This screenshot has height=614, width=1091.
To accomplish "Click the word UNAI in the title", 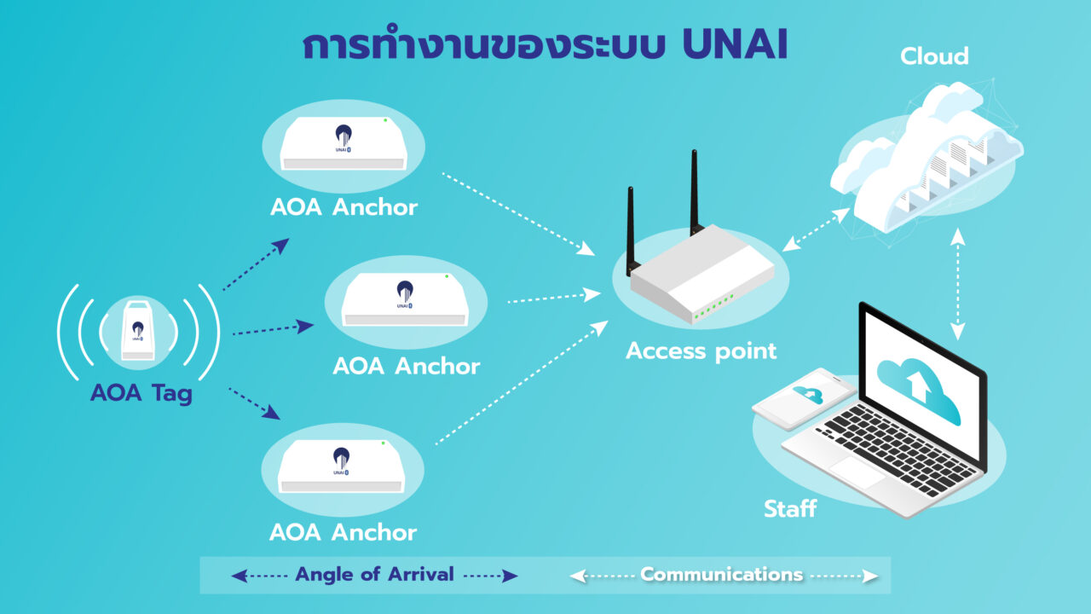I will click(735, 47).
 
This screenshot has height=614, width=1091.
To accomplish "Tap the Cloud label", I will click(934, 56).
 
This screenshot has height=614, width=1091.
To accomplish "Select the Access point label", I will click(701, 350).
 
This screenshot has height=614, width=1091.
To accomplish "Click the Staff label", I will click(789, 509).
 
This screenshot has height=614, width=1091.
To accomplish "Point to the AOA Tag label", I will click(141, 393).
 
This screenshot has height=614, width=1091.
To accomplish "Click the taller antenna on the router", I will click(694, 192).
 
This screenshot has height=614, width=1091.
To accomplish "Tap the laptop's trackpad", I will click(858, 472).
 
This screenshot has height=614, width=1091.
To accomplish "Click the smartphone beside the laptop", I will click(804, 397).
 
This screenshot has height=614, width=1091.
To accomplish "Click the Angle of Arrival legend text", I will click(374, 575).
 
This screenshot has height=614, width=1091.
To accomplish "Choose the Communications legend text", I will click(721, 575).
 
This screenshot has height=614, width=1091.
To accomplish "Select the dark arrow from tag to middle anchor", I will click(273, 328).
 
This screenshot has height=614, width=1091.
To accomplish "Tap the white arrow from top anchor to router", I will click(517, 213).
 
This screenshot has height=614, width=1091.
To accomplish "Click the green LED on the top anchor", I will click(385, 120).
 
